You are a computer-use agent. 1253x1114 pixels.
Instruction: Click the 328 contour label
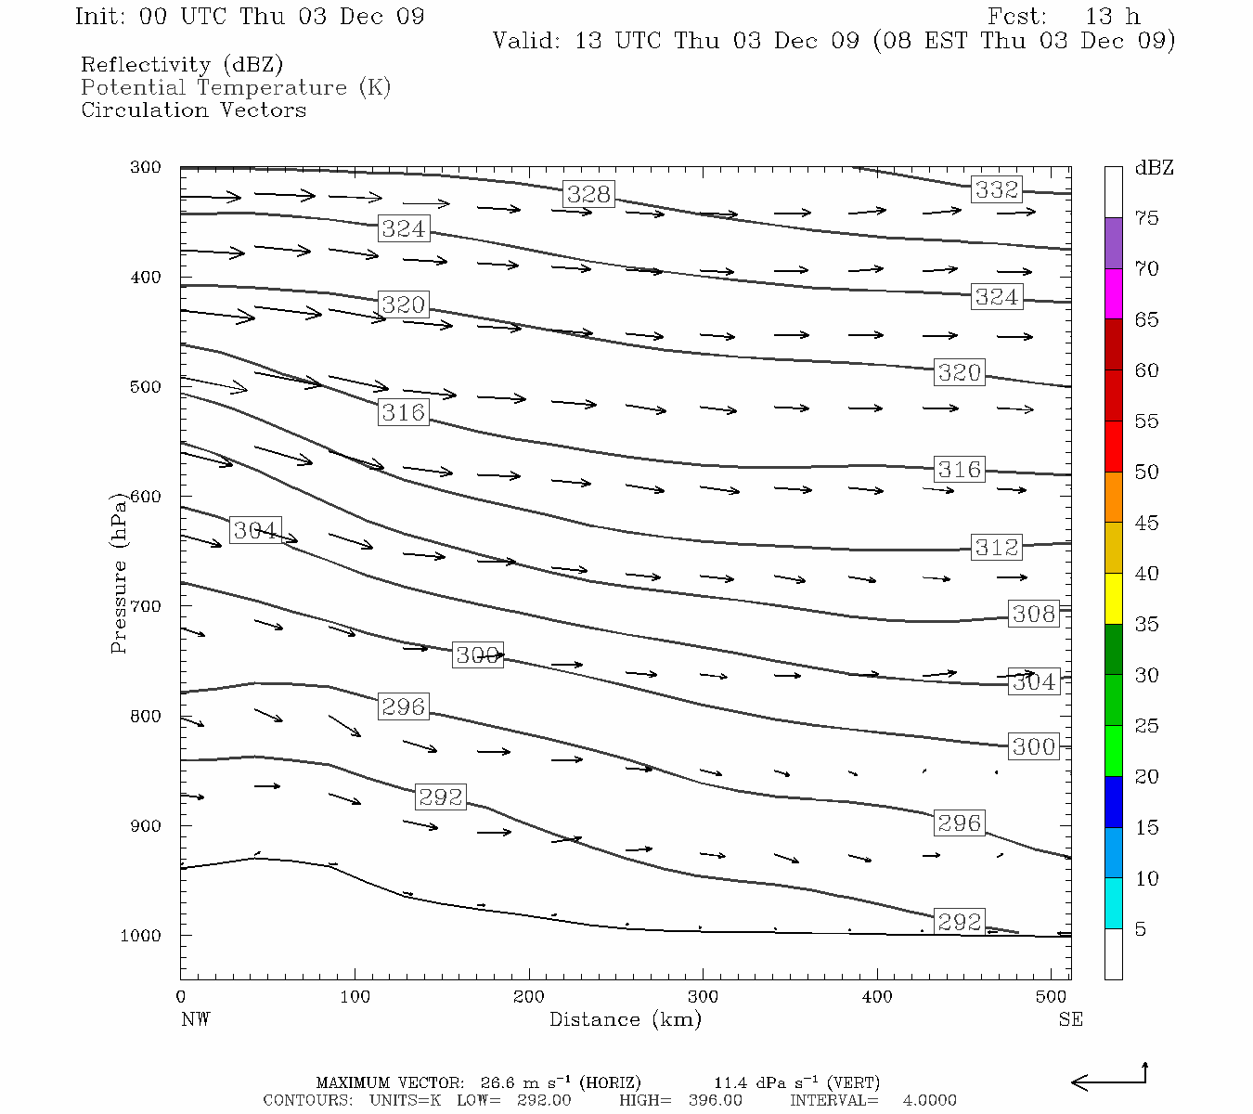[588, 194]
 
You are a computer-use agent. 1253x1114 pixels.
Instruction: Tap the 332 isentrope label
[997, 189]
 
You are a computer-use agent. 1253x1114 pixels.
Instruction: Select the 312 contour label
[997, 548]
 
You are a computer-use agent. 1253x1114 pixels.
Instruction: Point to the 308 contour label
[1034, 614]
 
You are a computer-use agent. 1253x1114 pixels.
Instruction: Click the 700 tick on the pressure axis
[146, 606]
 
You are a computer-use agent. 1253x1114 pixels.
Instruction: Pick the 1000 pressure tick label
[141, 936]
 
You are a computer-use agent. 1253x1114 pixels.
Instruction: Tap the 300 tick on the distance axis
[703, 997]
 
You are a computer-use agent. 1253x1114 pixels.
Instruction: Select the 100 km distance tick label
[355, 997]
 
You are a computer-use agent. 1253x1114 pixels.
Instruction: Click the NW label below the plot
[195, 1019]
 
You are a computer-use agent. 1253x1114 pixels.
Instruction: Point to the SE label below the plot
[1070, 1019]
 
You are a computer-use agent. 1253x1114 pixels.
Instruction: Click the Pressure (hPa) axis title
[118, 574]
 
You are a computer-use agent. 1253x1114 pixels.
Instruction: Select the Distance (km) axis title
[625, 1019]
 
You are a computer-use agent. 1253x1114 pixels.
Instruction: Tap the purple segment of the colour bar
[1113, 243]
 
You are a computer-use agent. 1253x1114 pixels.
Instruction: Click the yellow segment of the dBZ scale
[1113, 599]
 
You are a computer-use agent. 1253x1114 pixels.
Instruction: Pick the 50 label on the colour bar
[1146, 473]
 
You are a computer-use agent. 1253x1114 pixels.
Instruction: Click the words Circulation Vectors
[193, 110]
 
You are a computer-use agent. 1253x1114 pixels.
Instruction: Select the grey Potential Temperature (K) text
[236, 88]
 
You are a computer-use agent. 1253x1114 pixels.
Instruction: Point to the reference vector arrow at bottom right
[1109, 1080]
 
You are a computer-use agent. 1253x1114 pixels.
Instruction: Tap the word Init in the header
[99, 17]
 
